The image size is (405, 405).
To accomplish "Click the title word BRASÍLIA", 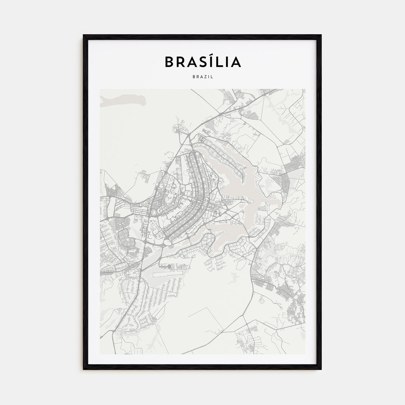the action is click(203, 62).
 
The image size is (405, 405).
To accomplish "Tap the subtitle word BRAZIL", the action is click(203, 77).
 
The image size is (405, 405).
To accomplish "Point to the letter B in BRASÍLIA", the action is click(169, 62).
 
